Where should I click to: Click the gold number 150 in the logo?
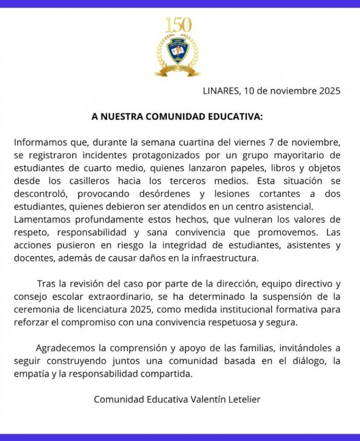pyautogui.click(x=178, y=25)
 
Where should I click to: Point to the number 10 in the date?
pyautogui.click(x=249, y=91)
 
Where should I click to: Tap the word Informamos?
pyautogui.click(x=40, y=143)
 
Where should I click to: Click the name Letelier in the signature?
pyautogui.click(x=242, y=399)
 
